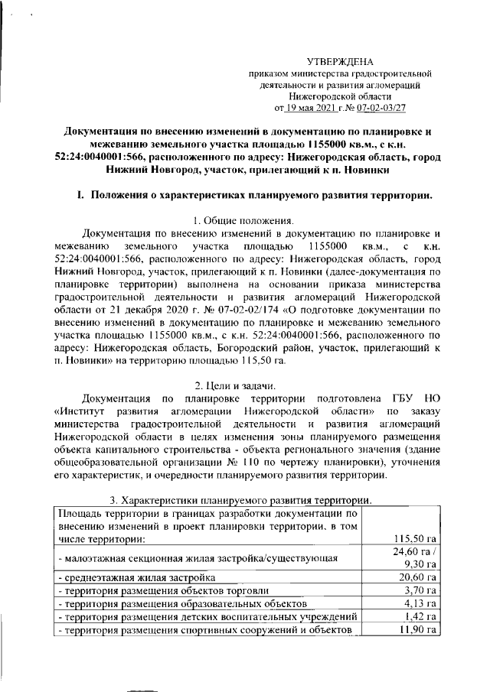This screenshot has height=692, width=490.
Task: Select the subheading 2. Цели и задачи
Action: pos(244,385)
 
